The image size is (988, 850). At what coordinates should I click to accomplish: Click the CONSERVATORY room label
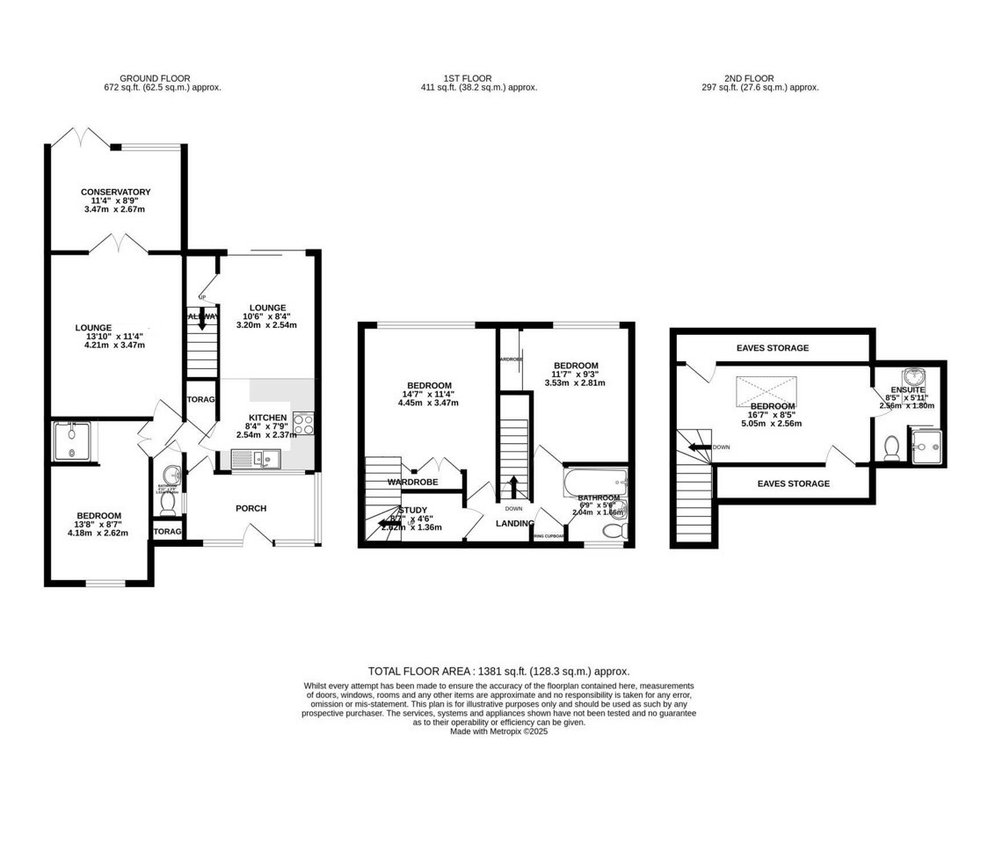coord(115,192)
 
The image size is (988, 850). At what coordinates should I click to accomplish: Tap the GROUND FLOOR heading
coord(155,78)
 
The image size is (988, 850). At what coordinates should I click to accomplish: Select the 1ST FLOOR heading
coord(467,78)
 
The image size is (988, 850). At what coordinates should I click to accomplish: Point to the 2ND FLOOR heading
coord(748,78)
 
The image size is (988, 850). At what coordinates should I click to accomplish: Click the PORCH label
coord(251,508)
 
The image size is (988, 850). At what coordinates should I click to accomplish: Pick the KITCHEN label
coord(268,418)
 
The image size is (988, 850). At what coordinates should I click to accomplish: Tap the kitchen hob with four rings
coord(303,424)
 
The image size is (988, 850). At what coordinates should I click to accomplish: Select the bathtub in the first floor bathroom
coord(596,480)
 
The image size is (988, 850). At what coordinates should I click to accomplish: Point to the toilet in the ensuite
coord(890,447)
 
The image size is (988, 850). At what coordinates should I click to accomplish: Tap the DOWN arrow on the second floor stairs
coord(701,447)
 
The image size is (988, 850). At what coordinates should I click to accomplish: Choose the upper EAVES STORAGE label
coord(772,348)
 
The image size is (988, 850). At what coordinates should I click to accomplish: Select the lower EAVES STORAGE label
coord(793,483)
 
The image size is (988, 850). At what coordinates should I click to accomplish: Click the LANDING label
coord(514,524)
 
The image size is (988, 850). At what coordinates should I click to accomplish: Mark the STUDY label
coord(413,510)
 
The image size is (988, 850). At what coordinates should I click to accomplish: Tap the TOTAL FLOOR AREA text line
coord(498,671)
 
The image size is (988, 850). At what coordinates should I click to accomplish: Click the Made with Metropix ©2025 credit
coord(498,731)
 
